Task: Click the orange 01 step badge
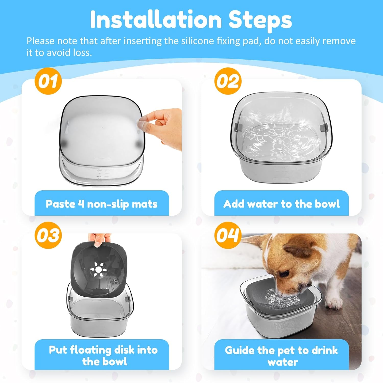[48, 81]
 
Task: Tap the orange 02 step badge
[228, 81]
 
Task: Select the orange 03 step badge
[48, 235]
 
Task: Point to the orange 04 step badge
[228, 235]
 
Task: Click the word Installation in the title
[156, 20]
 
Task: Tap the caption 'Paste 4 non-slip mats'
[102, 204]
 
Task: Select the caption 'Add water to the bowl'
[281, 204]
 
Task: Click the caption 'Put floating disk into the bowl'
[103, 355]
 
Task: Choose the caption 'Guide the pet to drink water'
[281, 355]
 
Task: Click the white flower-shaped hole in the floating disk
[99, 270]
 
